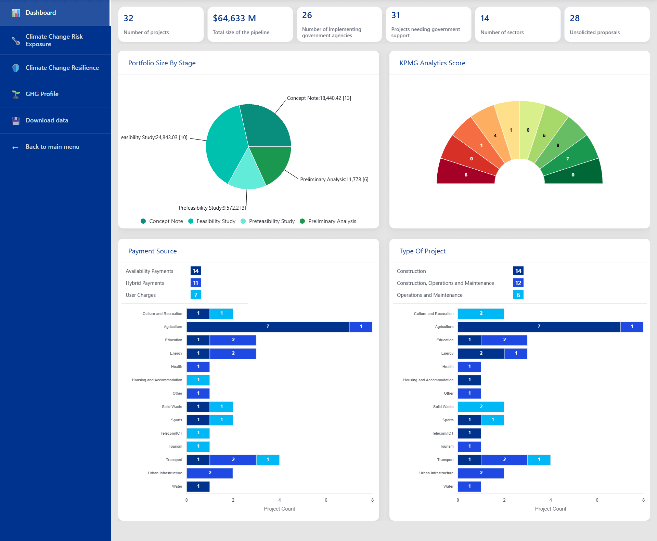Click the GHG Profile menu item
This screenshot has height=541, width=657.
pyautogui.click(x=42, y=94)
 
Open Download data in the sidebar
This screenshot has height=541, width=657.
pyautogui.click(x=47, y=120)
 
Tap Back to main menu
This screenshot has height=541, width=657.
pyautogui.click(x=52, y=147)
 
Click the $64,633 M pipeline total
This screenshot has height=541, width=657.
pyautogui.click(x=234, y=18)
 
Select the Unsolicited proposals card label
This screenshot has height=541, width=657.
pyautogui.click(x=594, y=32)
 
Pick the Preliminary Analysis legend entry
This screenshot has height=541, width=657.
pyautogui.click(x=332, y=221)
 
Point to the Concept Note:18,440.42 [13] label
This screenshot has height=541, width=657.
pyautogui.click(x=319, y=98)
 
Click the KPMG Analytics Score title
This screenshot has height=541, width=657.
pyautogui.click(x=432, y=63)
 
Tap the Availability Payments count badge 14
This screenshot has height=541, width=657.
pyautogui.click(x=195, y=271)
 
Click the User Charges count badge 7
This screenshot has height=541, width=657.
pyautogui.click(x=195, y=295)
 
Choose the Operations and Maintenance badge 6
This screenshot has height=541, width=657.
pyautogui.click(x=518, y=295)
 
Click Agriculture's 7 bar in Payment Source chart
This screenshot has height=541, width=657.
pyautogui.click(x=268, y=327)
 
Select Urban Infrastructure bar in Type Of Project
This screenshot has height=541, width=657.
pyautogui.click(x=481, y=473)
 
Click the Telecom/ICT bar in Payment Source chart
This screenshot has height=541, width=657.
pyautogui.click(x=198, y=433)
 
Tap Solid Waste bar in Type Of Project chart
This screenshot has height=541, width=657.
pyautogui.click(x=481, y=407)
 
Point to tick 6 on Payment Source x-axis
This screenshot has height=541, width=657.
pyautogui.click(x=326, y=500)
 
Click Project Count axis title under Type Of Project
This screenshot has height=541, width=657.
pyautogui.click(x=550, y=509)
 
